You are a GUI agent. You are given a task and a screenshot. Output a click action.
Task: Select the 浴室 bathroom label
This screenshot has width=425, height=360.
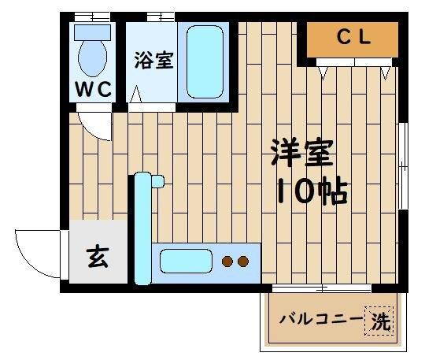153,60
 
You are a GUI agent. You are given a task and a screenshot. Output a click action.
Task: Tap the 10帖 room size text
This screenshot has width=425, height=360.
311,191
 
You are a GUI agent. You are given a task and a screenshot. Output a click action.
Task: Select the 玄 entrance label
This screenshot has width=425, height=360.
97,258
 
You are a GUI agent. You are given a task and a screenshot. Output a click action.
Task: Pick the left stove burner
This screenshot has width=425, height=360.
227,261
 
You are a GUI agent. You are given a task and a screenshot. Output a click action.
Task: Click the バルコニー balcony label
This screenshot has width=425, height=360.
322,321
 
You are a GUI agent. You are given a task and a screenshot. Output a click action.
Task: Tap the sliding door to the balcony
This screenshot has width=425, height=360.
323,288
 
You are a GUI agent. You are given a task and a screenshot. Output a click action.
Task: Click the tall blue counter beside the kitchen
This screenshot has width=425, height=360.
142,228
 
